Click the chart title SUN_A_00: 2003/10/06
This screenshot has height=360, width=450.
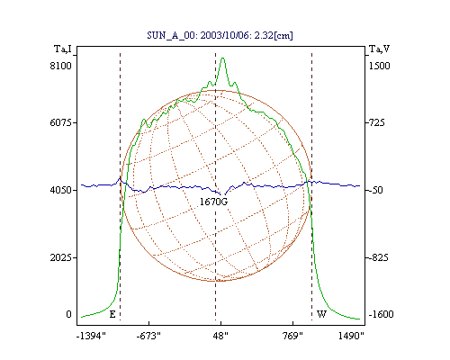[x=198, y=35]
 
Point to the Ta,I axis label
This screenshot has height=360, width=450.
[x=63, y=49]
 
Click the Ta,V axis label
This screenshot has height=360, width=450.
[x=379, y=49]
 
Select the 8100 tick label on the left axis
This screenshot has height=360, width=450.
[x=61, y=66]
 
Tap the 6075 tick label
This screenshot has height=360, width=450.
[x=61, y=122]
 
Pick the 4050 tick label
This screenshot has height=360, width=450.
[x=61, y=190]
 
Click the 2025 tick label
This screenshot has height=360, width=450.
[x=61, y=257]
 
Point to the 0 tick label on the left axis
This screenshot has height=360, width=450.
[x=68, y=314]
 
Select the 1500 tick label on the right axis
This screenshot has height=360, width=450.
[x=379, y=66]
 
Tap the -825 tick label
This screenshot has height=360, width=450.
[x=378, y=257]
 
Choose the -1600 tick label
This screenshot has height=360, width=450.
[x=381, y=314]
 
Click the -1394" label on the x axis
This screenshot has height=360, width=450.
[x=91, y=336]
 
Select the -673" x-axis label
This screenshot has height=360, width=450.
[x=148, y=336]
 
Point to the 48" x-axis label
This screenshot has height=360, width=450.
[x=220, y=336]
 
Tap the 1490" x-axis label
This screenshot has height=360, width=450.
[x=351, y=336]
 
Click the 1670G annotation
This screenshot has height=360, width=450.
[x=213, y=202]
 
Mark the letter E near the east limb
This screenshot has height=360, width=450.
[x=112, y=314]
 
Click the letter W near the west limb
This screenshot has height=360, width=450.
[x=321, y=314]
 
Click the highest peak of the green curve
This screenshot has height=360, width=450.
[x=222, y=58]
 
